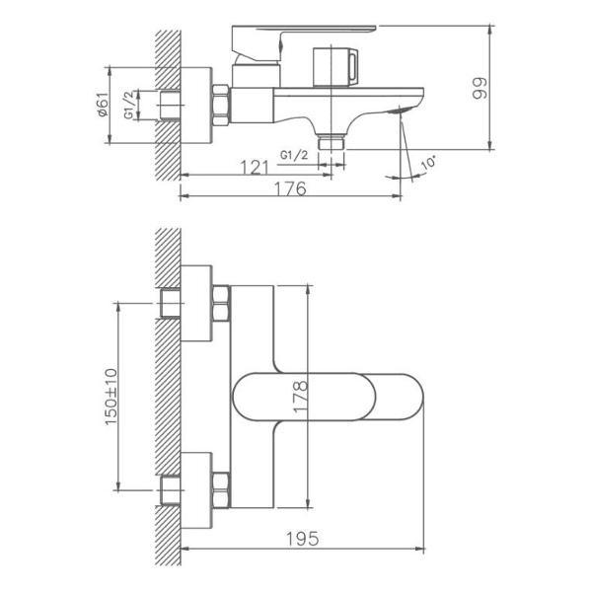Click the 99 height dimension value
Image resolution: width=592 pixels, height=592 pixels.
coord(481,92)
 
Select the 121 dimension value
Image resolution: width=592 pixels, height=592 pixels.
coord(257,167)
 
